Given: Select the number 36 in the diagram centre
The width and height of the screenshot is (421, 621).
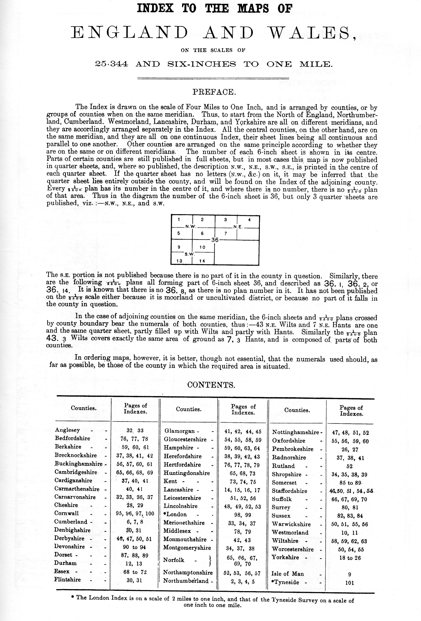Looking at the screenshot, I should pos(215,240).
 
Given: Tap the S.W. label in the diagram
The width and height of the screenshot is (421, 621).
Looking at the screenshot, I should pos(189,254).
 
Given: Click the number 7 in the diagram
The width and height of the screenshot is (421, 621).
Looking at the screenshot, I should pos(226,233).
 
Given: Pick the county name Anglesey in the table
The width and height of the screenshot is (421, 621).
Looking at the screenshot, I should pos(67,430).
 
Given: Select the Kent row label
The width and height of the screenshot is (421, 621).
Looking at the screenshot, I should pos(170,481).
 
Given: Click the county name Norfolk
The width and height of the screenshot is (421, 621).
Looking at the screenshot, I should pos(174,560).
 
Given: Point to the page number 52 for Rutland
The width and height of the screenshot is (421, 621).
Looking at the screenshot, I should pos(349,466).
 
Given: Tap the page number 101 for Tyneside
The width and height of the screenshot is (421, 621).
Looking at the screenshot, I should pos(350,583).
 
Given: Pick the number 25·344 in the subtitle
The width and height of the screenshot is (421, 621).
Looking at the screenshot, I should pos(112,64).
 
